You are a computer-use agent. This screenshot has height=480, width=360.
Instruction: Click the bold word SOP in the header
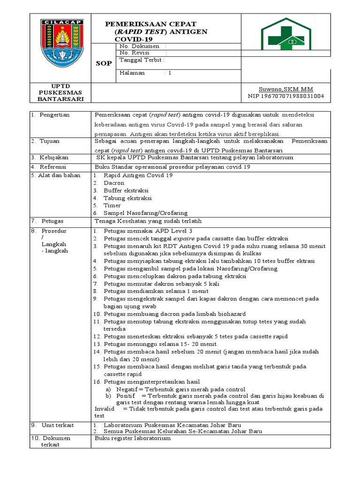[x=104, y=63]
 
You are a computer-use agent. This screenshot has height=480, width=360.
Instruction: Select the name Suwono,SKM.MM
[x=285, y=89]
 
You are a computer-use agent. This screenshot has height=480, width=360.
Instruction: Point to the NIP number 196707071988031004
[x=285, y=97]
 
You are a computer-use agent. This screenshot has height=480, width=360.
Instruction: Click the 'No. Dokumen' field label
[x=140, y=46]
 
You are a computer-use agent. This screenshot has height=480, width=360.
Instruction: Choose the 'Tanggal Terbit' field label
[x=142, y=60]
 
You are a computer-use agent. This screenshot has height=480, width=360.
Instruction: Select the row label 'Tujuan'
[x=49, y=141]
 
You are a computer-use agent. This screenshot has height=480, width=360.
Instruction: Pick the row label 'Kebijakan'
[x=52, y=157]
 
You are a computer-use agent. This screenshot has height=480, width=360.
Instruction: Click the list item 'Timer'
[x=112, y=205]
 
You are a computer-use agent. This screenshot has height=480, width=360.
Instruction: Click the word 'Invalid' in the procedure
[x=105, y=409]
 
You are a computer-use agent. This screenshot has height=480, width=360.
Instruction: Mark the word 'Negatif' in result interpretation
[x=127, y=390]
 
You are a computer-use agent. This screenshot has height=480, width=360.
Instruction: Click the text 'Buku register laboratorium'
[x=133, y=438]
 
